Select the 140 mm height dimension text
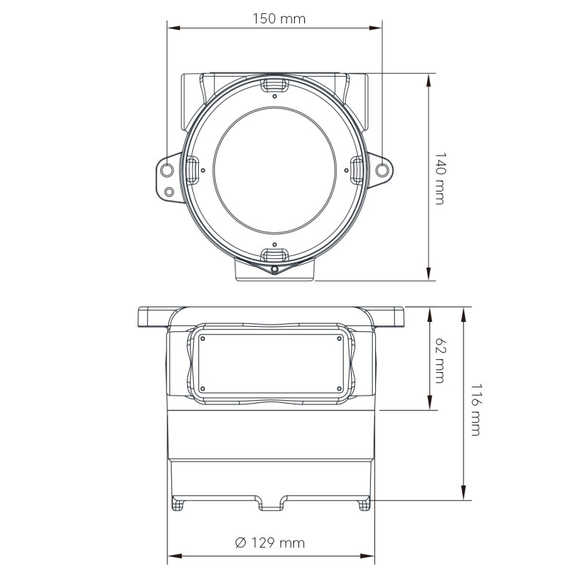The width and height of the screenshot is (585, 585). pos(439,178)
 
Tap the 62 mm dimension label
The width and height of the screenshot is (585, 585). pos(439,359)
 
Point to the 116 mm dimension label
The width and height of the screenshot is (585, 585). pos(475,409)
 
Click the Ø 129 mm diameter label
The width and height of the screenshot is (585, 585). pos(270,543)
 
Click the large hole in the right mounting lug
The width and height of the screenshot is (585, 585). pos(382,170)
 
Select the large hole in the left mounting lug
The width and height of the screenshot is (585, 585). pos(167,170)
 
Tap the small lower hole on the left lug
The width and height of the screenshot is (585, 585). pos(170,192)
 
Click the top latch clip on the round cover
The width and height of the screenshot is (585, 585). pos(274,86)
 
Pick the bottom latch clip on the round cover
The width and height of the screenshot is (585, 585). pos(274,254)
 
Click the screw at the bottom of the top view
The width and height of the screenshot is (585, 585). pos(274,269)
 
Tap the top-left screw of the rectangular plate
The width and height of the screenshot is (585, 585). pos(203,339)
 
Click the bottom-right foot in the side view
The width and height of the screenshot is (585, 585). pos(363,504)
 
